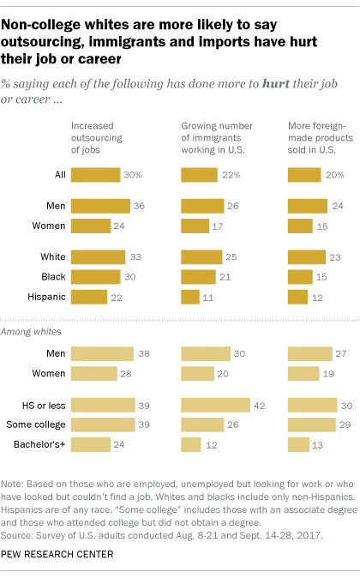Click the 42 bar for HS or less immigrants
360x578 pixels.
215,405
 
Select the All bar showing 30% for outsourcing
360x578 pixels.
95,175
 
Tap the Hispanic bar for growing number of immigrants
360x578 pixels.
189,296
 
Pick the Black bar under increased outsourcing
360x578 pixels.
95,276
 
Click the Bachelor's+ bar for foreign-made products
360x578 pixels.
297,444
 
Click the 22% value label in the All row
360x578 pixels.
229,175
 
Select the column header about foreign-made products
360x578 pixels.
320,136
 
